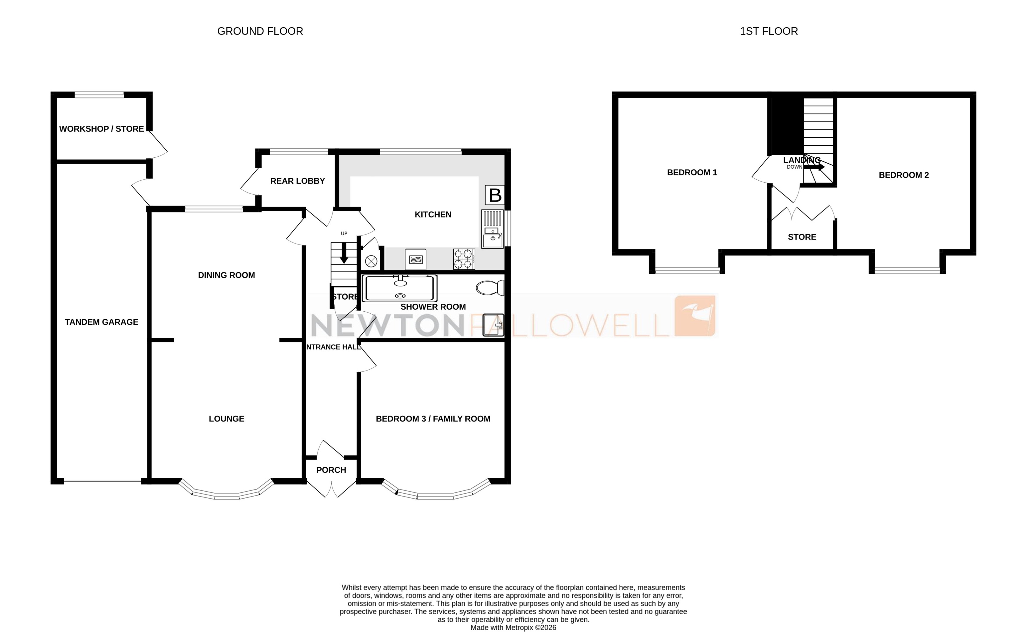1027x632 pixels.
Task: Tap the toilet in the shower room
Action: [490, 288]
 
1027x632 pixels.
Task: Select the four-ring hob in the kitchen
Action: [464, 259]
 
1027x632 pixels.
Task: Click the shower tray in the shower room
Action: [400, 288]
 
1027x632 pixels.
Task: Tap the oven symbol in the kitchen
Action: [415, 259]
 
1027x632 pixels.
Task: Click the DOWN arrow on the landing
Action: [814, 167]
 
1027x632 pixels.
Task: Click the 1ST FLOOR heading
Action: [768, 31]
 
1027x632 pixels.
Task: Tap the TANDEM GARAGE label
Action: [101, 322]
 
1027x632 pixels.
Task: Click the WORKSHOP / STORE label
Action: [101, 129]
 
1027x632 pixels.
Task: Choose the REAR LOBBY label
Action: [298, 181]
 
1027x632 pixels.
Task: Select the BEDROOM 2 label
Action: [903, 175]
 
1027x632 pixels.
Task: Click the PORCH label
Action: [331, 470]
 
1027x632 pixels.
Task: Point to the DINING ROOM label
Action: [226, 275]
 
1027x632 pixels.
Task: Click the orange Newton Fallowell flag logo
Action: [695, 316]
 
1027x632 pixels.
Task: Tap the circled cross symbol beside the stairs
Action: [371, 262]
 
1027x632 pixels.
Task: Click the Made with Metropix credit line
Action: [513, 627]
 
